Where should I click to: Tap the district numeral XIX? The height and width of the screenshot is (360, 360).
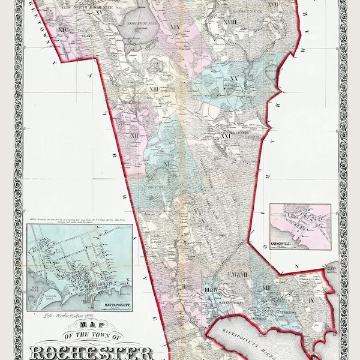(x=175, y=27)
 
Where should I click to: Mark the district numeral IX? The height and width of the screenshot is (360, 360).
(x=311, y=298)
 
